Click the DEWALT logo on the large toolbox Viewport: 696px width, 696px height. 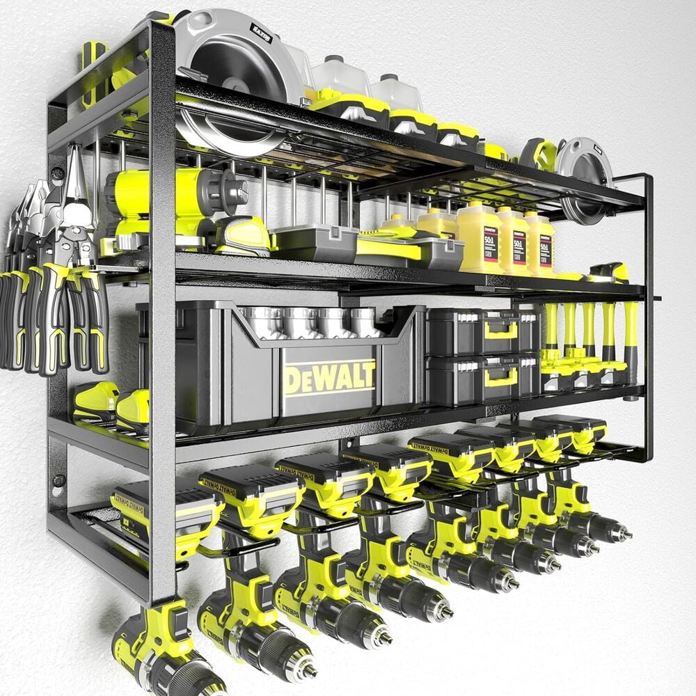329,378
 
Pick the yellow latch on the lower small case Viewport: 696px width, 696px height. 501,377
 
